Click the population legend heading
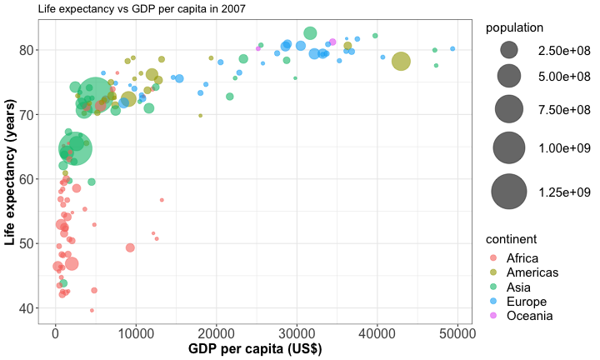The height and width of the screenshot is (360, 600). pos(515,27)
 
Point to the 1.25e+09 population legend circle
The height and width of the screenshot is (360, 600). pos(507,192)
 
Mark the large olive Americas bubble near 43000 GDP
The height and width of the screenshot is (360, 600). pos(401,61)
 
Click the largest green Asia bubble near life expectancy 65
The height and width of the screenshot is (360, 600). pos(75,148)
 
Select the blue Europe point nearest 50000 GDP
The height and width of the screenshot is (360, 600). pos(452,49)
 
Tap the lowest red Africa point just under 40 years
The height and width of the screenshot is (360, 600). pos(92,310)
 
